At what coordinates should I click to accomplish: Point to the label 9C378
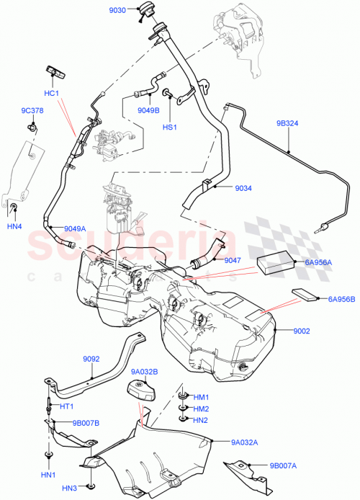click(31, 111)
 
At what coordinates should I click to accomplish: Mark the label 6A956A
click(316, 264)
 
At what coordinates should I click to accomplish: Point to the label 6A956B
click(342, 298)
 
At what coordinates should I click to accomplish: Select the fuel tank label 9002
click(301, 331)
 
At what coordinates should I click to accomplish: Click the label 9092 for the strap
click(91, 358)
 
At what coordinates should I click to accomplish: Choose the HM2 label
click(200, 409)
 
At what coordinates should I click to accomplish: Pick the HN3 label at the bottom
click(69, 489)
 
